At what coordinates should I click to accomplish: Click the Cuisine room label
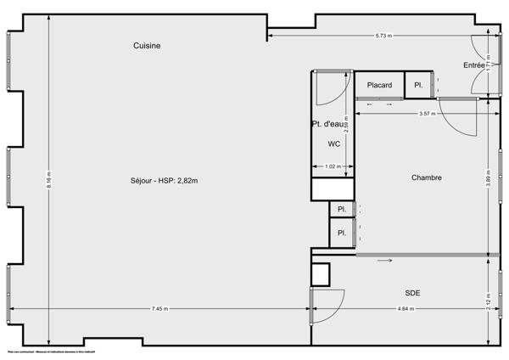pyautogui.click(x=147, y=46)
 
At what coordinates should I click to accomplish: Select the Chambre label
pyautogui.click(x=427, y=177)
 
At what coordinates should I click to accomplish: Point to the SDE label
pyautogui.click(x=412, y=293)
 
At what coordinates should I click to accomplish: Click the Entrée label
pyautogui.click(x=474, y=65)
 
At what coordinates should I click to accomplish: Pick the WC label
pyautogui.click(x=333, y=144)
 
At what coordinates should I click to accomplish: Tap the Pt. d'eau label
pyautogui.click(x=328, y=125)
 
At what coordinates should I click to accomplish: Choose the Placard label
pyautogui.click(x=379, y=85)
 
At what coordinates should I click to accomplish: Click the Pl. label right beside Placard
pyautogui.click(x=418, y=85)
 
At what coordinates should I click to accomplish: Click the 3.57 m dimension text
pyautogui.click(x=427, y=114)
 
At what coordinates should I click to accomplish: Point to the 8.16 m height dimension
pyautogui.click(x=49, y=180)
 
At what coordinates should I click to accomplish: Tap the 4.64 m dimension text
pyautogui.click(x=406, y=309)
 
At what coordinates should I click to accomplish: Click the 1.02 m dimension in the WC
pyautogui.click(x=333, y=166)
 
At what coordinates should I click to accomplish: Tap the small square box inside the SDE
pyautogui.click(x=320, y=273)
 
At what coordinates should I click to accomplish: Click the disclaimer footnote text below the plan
pyautogui.click(x=51, y=352)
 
